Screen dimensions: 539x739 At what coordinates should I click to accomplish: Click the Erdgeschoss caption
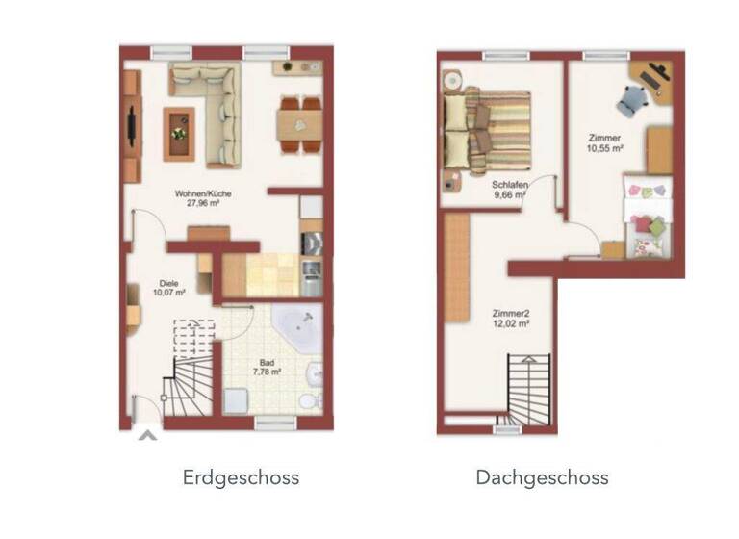[241, 477]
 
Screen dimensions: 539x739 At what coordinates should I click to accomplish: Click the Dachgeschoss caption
[542, 477]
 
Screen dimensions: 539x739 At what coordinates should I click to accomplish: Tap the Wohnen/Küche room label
[203, 193]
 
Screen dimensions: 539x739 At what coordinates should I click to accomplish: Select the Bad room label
[266, 361]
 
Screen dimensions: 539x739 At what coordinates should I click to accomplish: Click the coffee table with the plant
[178, 133]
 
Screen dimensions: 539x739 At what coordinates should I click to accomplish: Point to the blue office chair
[632, 97]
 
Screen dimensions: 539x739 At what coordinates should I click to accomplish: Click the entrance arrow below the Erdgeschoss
[146, 436]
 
